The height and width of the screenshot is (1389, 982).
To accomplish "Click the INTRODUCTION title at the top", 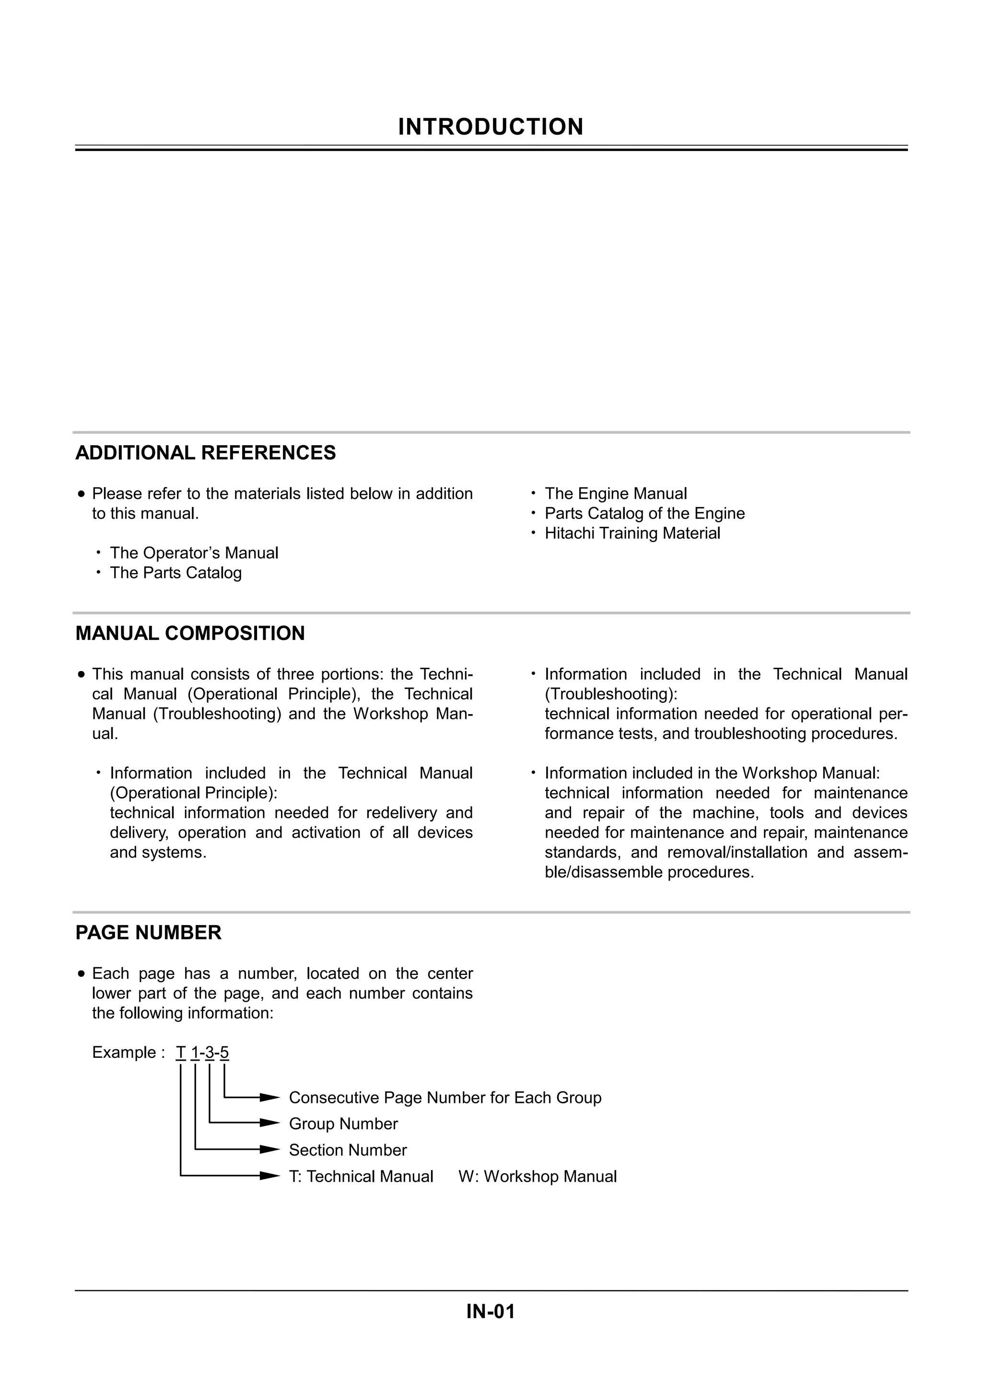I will (491, 127).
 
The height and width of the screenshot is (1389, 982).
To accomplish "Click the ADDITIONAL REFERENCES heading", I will (205, 453).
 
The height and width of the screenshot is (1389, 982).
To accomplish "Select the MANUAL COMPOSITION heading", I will (190, 634).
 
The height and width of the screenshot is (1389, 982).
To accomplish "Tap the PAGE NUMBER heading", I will (148, 933).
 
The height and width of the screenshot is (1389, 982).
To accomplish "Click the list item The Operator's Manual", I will (194, 553).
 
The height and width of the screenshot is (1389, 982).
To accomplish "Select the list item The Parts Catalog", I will (175, 573).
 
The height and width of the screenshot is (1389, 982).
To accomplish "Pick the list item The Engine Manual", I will (615, 494).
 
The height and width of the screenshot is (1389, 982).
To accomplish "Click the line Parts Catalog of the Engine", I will (644, 514).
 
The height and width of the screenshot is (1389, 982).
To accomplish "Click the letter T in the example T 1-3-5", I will (180, 1053).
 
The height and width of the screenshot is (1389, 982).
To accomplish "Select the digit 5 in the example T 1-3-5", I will (224, 1053).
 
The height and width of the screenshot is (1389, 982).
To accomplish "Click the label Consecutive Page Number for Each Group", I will (444, 1098).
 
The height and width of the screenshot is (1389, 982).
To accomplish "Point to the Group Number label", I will (343, 1124).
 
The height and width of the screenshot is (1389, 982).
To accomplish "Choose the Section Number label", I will (348, 1150).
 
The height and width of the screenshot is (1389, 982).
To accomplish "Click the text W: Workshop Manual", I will (538, 1177).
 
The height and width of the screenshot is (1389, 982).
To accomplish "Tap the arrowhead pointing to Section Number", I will (269, 1149).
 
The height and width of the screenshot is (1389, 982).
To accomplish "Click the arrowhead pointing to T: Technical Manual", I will (269, 1176).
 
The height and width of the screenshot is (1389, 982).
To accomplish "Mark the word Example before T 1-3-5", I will (124, 1053).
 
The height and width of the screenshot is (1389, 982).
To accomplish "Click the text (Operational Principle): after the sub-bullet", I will (194, 793).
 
